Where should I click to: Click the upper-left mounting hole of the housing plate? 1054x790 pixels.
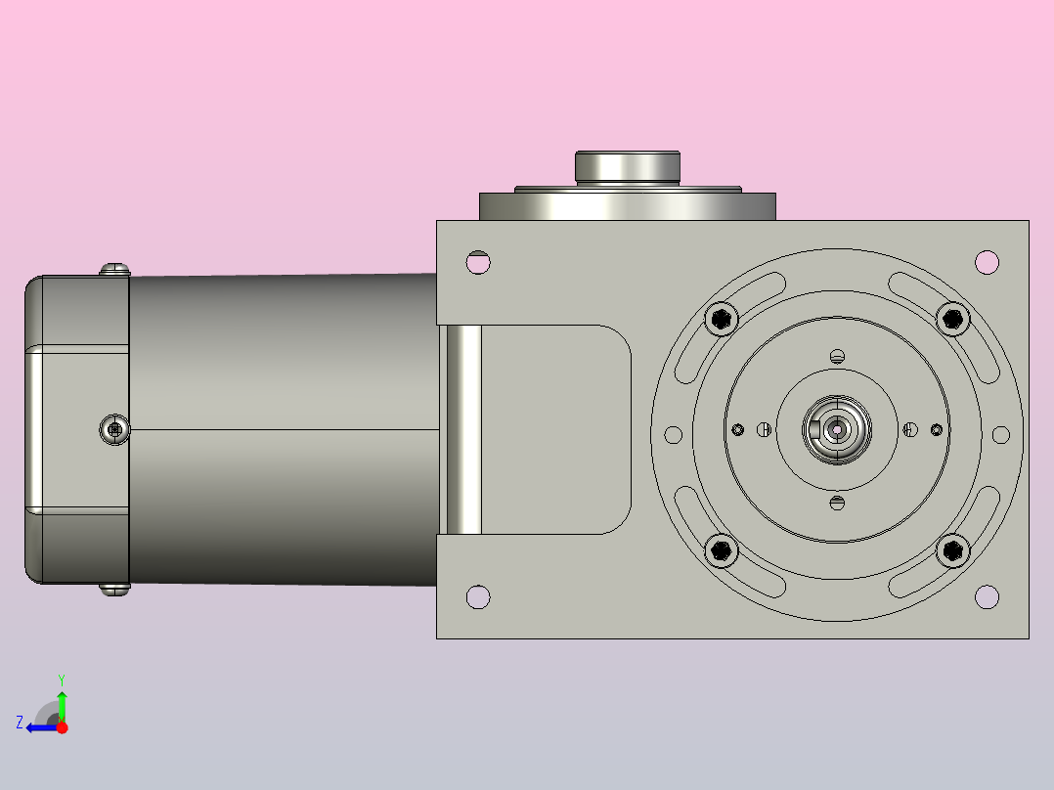pos(478,262)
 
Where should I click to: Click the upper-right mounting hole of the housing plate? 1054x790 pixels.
pos(988,262)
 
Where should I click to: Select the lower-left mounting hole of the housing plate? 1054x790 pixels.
pos(478,596)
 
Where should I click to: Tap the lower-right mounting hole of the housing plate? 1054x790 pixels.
pos(988,596)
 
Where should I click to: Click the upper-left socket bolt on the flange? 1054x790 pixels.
pos(723,318)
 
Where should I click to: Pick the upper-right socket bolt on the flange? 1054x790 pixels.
pos(952,318)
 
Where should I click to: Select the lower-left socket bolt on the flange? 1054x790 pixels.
pos(723,550)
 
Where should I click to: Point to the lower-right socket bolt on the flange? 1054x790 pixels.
pos(952,550)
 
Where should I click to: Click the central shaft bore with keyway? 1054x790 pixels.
pos(837,428)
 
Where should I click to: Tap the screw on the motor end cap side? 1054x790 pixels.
pos(114,429)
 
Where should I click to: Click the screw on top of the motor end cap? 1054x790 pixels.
pos(115,268)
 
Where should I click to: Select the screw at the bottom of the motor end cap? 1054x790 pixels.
pos(115,589)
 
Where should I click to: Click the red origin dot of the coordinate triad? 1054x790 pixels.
pos(62,727)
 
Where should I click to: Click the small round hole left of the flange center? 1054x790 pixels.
pos(673,434)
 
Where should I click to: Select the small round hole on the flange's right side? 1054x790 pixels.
pos(1000,434)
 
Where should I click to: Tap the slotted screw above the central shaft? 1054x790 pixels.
pos(836,356)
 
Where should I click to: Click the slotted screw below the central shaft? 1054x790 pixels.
pos(836,503)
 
